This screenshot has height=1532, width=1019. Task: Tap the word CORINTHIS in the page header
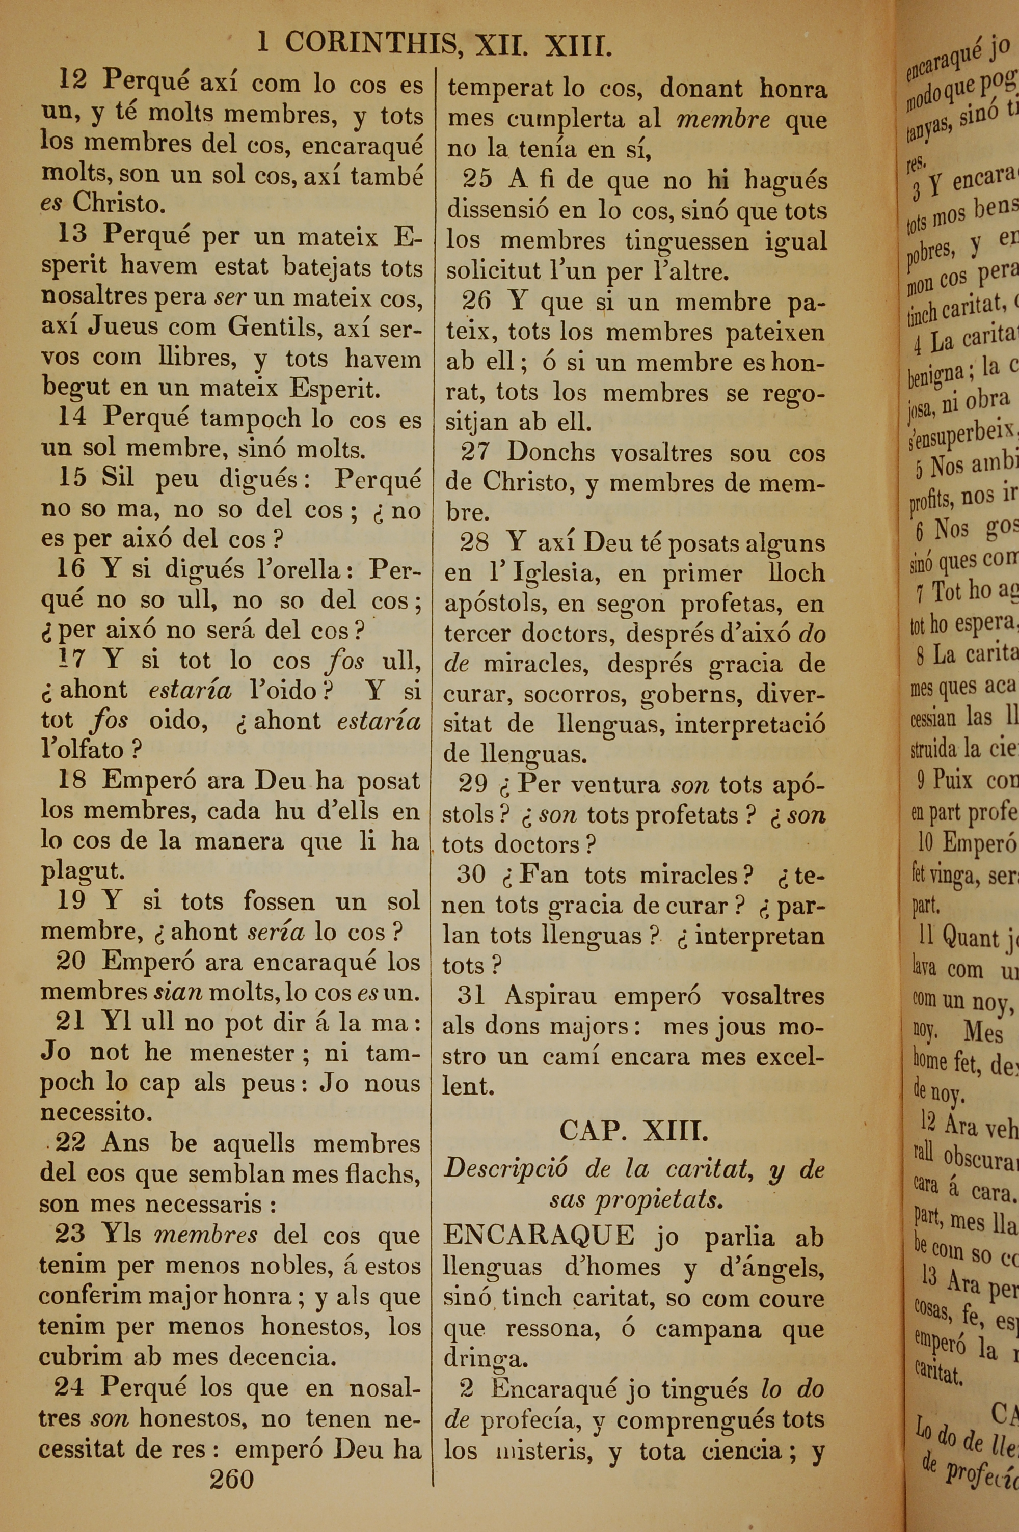click(370, 44)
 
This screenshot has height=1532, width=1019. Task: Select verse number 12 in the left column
click(72, 80)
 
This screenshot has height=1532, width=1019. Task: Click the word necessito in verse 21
click(96, 1112)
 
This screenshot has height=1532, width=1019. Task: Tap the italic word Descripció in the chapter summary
click(505, 1169)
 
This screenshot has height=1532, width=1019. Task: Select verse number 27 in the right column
click(474, 451)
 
